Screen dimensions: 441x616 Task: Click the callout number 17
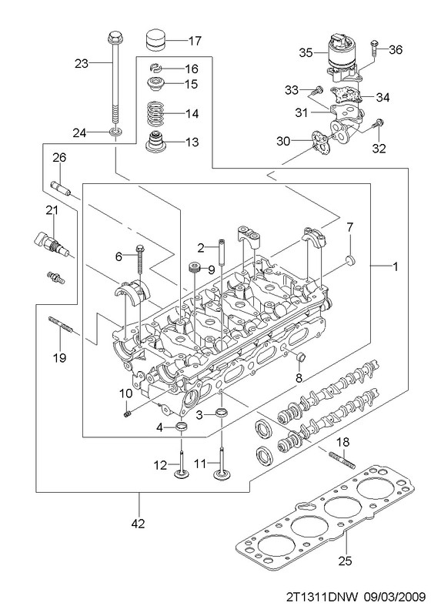click(195, 41)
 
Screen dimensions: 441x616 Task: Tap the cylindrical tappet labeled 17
click(156, 40)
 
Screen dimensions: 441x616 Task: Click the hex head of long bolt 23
click(113, 36)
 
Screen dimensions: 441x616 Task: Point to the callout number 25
click(346, 561)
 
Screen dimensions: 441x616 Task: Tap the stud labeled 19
click(60, 325)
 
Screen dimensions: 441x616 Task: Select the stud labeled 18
click(342, 460)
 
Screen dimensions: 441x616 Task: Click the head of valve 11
click(222, 475)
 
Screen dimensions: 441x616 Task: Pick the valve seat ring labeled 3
click(222, 413)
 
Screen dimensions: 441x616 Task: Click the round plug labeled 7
click(349, 259)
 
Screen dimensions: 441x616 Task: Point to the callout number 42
click(139, 523)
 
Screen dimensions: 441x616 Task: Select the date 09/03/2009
click(395, 598)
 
